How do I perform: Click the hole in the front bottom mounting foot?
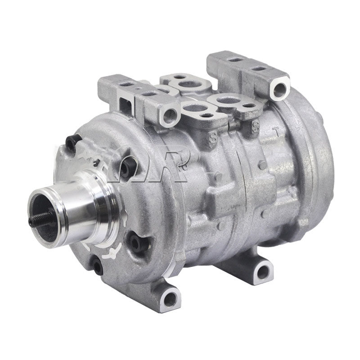pyautogui.click(x=170, y=297)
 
